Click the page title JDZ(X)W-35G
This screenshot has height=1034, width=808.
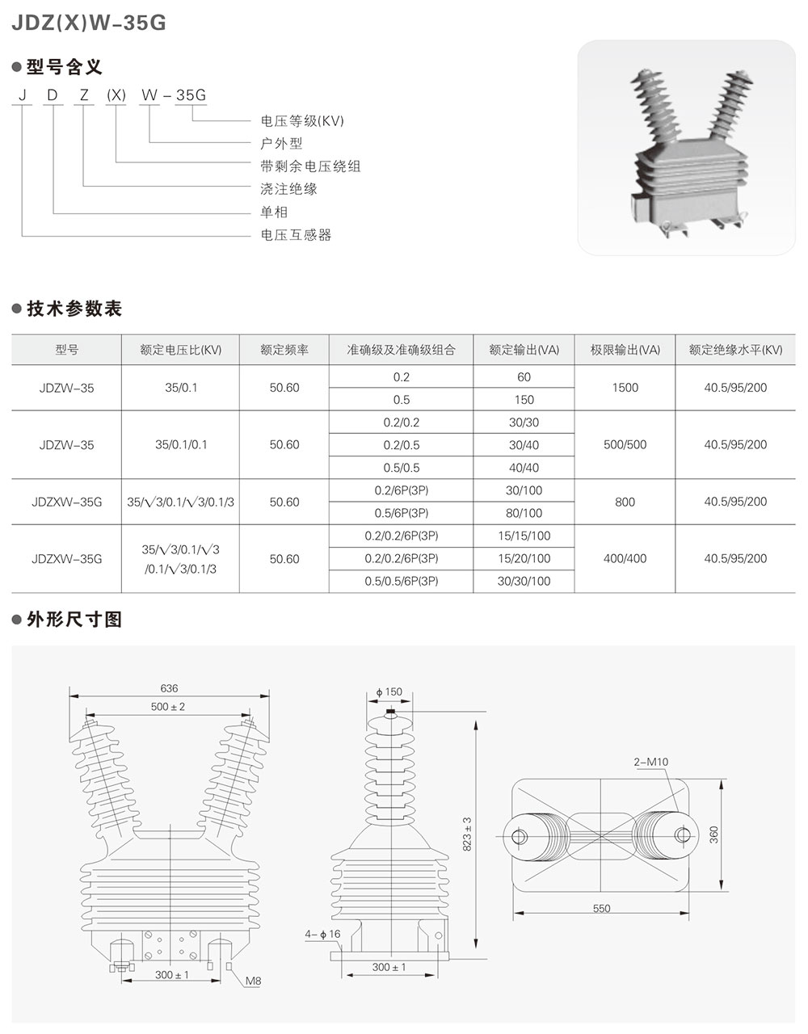89,24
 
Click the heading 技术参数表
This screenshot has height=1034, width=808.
74,309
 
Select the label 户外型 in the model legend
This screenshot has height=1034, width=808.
281,144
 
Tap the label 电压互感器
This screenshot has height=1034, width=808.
296,235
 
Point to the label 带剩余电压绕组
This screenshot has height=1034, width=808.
310,166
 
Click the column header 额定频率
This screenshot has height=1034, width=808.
284,351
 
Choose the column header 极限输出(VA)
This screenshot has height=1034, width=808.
625,351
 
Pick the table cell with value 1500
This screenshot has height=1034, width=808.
625,388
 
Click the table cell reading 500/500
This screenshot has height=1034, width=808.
625,445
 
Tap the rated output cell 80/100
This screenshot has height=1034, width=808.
524,513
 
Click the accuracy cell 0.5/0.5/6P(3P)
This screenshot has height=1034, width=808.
402,581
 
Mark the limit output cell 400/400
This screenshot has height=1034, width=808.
625,559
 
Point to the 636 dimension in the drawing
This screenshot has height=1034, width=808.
169,688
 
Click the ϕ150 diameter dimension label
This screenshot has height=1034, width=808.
389,692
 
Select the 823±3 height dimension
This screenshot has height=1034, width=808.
468,832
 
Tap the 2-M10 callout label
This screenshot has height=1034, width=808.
651,762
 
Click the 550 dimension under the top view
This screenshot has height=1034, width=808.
601,909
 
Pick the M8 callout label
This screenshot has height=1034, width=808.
255,982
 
